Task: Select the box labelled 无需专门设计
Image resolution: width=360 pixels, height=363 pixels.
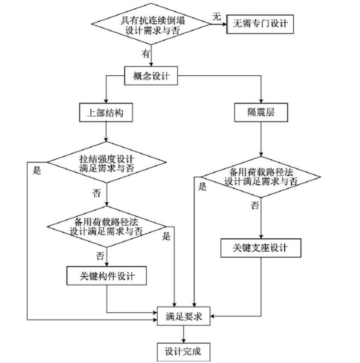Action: click(x=260, y=23)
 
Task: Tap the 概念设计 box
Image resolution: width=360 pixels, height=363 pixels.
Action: click(x=151, y=76)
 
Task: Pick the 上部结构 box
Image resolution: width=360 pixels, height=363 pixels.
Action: click(x=107, y=112)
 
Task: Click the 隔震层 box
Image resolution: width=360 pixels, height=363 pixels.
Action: click(x=261, y=112)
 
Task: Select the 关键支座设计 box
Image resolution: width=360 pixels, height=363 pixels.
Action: click(x=261, y=248)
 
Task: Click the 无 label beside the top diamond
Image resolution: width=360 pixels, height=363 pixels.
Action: click(x=216, y=17)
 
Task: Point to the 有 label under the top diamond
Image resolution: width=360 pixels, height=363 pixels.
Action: click(x=146, y=54)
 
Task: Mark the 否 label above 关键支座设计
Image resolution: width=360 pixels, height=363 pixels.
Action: click(x=255, y=206)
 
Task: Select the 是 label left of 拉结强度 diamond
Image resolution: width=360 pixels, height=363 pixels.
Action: click(x=37, y=170)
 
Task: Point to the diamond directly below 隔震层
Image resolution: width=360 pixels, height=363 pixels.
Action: click(x=261, y=177)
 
